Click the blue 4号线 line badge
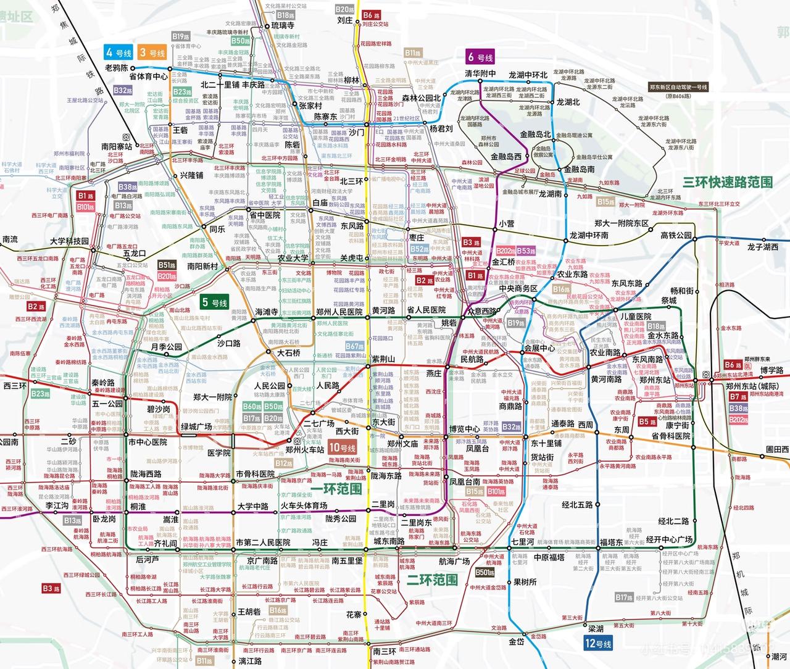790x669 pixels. coord(118,52)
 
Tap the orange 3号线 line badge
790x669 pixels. coord(152,52)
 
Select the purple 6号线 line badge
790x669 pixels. coord(480,57)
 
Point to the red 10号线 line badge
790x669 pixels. coord(343,448)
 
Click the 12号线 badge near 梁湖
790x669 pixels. coord(596,644)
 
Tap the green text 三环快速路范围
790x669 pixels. coord(728,182)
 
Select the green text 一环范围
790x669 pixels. coord(336,489)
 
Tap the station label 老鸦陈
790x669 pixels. coord(116,67)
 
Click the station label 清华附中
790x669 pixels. coord(480,74)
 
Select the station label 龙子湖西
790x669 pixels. coord(763,247)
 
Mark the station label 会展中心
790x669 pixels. coord(540,348)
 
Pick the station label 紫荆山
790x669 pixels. coord(383,359)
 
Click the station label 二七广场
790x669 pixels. coord(318,423)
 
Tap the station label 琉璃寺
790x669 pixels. coord(283,26)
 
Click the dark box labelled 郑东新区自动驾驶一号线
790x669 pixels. coord(678,88)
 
